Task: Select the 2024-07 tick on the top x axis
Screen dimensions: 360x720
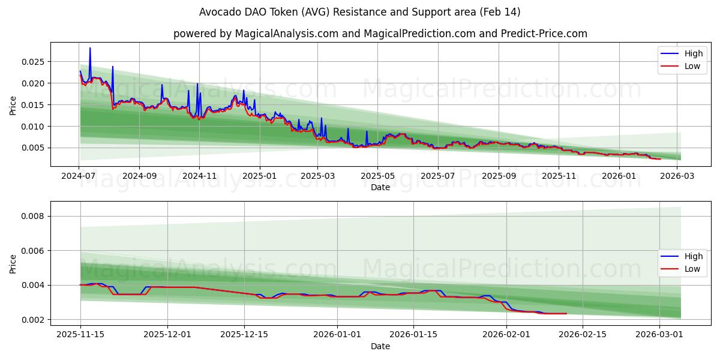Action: point(79,176)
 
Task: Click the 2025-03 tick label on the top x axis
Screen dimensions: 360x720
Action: point(317,176)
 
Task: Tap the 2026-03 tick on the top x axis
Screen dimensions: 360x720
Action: point(676,176)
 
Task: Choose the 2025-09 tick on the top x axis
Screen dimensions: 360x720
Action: point(499,176)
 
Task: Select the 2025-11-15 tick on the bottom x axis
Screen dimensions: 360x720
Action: point(80,335)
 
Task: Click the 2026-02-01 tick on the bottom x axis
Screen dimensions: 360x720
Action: point(506,335)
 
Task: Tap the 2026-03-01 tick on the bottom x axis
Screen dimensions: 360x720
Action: point(659,335)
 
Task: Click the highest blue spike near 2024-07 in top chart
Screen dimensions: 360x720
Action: point(90,49)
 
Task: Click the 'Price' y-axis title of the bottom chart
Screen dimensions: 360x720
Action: point(13,264)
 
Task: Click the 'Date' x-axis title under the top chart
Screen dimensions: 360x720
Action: point(380,187)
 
